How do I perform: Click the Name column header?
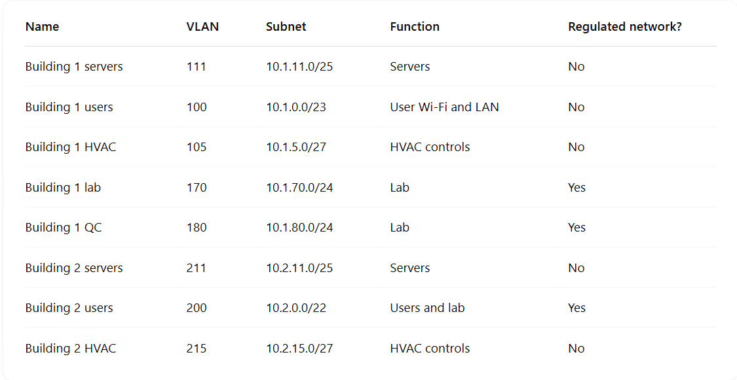click(x=43, y=27)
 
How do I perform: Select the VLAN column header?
click(x=202, y=27)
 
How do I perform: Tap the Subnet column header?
click(x=286, y=27)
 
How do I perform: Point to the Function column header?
click(x=415, y=27)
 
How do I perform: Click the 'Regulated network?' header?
click(x=625, y=27)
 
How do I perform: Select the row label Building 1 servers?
click(x=74, y=67)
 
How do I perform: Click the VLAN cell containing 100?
click(x=197, y=107)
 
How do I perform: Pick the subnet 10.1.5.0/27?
click(x=296, y=147)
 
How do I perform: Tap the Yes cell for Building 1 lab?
click(x=576, y=187)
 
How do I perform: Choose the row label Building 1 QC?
click(x=64, y=228)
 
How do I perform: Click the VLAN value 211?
click(x=197, y=268)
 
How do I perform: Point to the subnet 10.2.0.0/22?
click(x=296, y=308)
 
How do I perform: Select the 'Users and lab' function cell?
click(x=427, y=308)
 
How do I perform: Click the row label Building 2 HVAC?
click(x=71, y=348)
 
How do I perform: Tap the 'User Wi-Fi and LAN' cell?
click(x=444, y=107)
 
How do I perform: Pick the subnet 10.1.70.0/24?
click(x=299, y=187)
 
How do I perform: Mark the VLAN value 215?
click(x=197, y=348)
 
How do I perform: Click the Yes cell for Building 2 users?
click(x=576, y=308)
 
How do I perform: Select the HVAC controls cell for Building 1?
click(x=430, y=147)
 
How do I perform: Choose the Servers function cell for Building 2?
click(x=410, y=268)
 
